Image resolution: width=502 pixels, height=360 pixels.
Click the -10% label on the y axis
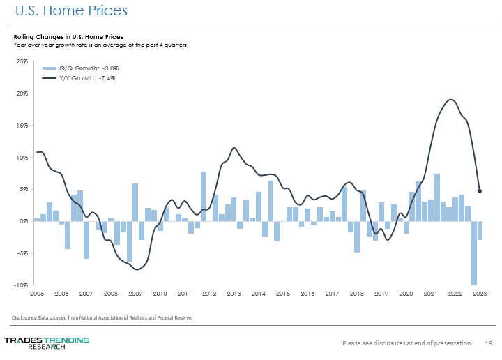pos(22,285)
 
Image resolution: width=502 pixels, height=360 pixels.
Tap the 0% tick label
pos(24,221)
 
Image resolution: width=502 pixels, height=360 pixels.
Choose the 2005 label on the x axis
pos(37,294)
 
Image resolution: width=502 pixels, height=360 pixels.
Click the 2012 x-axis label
pos(209,294)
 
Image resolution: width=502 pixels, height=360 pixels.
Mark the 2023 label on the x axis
pos(480,294)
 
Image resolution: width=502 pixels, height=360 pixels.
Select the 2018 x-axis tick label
pos(357,294)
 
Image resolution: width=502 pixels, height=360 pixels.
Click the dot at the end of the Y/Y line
pos(480,191)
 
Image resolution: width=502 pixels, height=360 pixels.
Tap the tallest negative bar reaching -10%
pos(474,253)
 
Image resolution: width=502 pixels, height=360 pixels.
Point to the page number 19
pos(489,343)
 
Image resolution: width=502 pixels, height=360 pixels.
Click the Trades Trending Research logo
pos(47,343)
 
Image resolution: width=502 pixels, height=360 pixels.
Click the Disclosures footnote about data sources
pos(102,317)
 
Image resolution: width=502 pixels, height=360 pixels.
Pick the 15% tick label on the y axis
pos(23,126)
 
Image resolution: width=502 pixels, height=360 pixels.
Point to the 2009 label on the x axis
pos(135,294)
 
